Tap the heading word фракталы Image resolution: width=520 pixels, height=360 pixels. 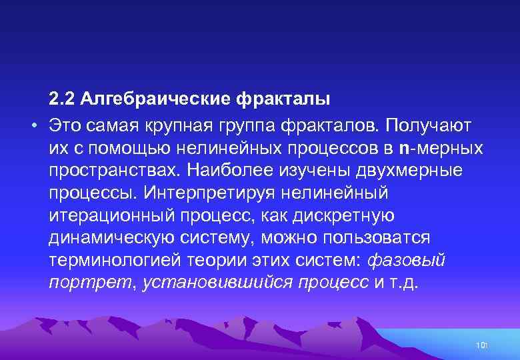coord(283,100)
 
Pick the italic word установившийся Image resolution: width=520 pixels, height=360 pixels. coord(218,283)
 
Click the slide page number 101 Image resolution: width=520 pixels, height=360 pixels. coord(482,344)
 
